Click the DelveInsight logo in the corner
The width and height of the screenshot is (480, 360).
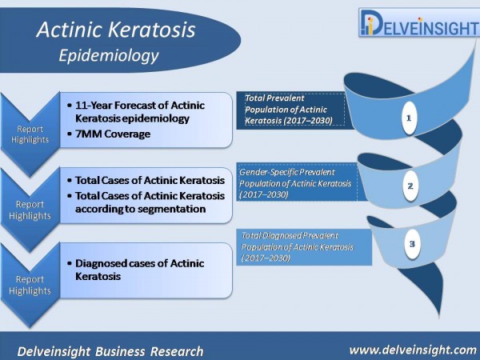[419, 22]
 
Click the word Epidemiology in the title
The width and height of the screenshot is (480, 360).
[109, 56]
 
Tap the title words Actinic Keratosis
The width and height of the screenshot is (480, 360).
[116, 30]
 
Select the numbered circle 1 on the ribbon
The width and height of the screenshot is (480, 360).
[410, 118]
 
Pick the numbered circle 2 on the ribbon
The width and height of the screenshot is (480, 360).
[410, 186]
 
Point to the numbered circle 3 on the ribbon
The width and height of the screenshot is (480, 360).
[412, 244]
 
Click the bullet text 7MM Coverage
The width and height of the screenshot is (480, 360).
[113, 134]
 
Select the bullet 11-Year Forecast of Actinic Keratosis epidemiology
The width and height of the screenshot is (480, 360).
[136, 112]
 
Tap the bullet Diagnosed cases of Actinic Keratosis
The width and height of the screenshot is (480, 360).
[136, 270]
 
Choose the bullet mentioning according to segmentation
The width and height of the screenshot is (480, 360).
[146, 202]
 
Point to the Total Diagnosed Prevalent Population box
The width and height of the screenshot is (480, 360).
[304, 246]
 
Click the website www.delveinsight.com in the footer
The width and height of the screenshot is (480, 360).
[413, 350]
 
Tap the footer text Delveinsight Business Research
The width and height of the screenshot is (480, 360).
[110, 351]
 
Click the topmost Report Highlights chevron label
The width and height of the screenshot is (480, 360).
[30, 134]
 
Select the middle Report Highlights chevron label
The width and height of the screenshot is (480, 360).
[30, 210]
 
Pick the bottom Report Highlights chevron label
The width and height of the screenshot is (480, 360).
[30, 285]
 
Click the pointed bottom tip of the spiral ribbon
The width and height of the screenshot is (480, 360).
[439, 315]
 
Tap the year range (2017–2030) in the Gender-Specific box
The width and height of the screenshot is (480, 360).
[263, 194]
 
